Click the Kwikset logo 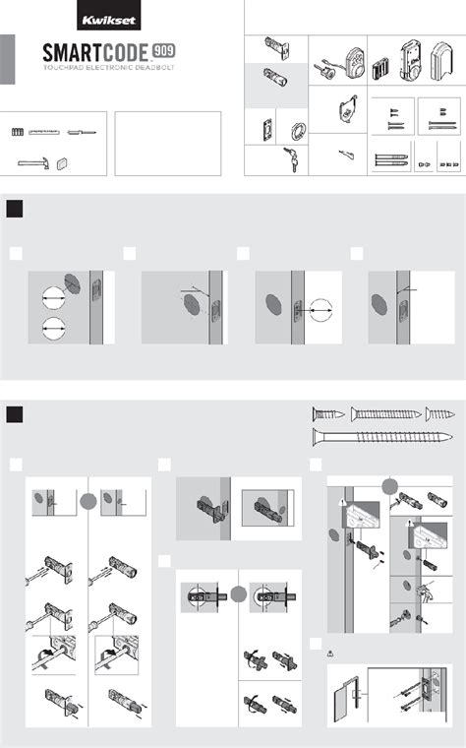tap(109, 20)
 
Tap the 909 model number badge tap(164, 50)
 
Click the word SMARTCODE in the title tap(95, 52)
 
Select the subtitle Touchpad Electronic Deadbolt tap(109, 68)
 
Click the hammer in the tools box tap(32, 163)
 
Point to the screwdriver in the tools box tap(82, 133)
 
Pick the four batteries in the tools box tap(18, 132)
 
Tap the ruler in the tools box tap(43, 132)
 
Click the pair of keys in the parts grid tap(291, 157)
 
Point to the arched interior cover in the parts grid tap(441, 60)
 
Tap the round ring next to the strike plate tap(298, 130)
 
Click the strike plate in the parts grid tap(267, 129)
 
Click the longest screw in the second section tap(382, 437)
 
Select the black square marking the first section tap(15, 209)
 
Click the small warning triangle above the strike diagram tap(330, 654)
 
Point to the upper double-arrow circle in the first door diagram tap(53, 297)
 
